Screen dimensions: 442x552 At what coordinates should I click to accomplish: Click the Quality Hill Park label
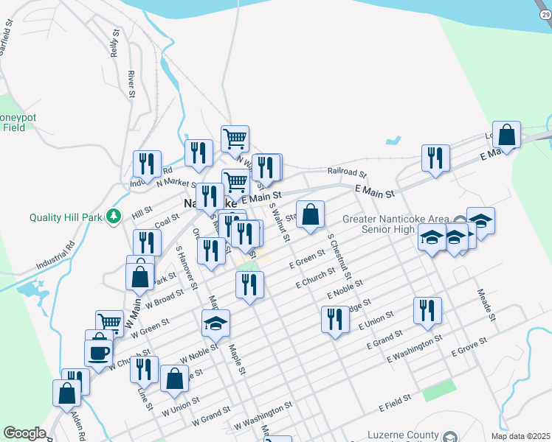click(65, 217)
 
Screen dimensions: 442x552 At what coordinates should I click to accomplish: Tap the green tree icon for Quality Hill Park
click(113, 216)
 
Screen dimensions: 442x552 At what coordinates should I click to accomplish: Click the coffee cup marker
click(98, 351)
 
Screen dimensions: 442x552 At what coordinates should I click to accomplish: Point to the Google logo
click(24, 433)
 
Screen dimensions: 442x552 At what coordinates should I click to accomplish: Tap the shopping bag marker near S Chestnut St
click(311, 214)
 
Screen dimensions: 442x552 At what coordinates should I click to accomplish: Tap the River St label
click(131, 84)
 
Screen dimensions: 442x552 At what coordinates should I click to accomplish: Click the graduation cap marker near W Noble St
click(215, 323)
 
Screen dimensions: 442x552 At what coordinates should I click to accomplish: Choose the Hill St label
click(142, 211)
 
